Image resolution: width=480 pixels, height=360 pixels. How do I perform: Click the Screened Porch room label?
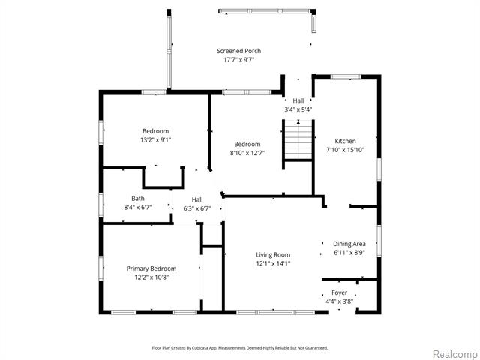238,51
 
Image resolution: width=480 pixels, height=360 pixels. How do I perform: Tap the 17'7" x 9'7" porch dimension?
238,60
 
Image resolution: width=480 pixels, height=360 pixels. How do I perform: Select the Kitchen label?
345,141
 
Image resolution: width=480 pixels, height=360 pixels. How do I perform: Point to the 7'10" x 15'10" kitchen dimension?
345,150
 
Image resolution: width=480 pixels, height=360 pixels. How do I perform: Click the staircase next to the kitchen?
298,140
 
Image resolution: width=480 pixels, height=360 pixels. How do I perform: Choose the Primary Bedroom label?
151,268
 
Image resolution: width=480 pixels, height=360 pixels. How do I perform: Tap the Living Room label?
273,255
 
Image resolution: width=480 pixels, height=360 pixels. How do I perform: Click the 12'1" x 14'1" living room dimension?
273,263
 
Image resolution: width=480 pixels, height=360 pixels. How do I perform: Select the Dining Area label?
349,244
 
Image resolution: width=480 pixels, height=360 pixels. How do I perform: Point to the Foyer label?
340,292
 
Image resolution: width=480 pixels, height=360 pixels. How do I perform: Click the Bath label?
138,199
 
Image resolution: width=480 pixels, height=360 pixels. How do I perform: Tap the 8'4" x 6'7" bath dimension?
138,208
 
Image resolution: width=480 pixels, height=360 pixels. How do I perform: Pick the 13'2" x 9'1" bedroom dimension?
155,140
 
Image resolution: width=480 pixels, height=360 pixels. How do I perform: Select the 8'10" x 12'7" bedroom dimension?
247,153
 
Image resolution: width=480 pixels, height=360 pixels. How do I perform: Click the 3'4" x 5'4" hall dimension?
298,109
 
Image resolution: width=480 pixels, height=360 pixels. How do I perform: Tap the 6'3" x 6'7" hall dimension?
197,208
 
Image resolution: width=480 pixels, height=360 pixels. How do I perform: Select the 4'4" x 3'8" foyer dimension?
340,301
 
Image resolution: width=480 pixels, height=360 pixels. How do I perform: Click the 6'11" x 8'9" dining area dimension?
349,253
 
